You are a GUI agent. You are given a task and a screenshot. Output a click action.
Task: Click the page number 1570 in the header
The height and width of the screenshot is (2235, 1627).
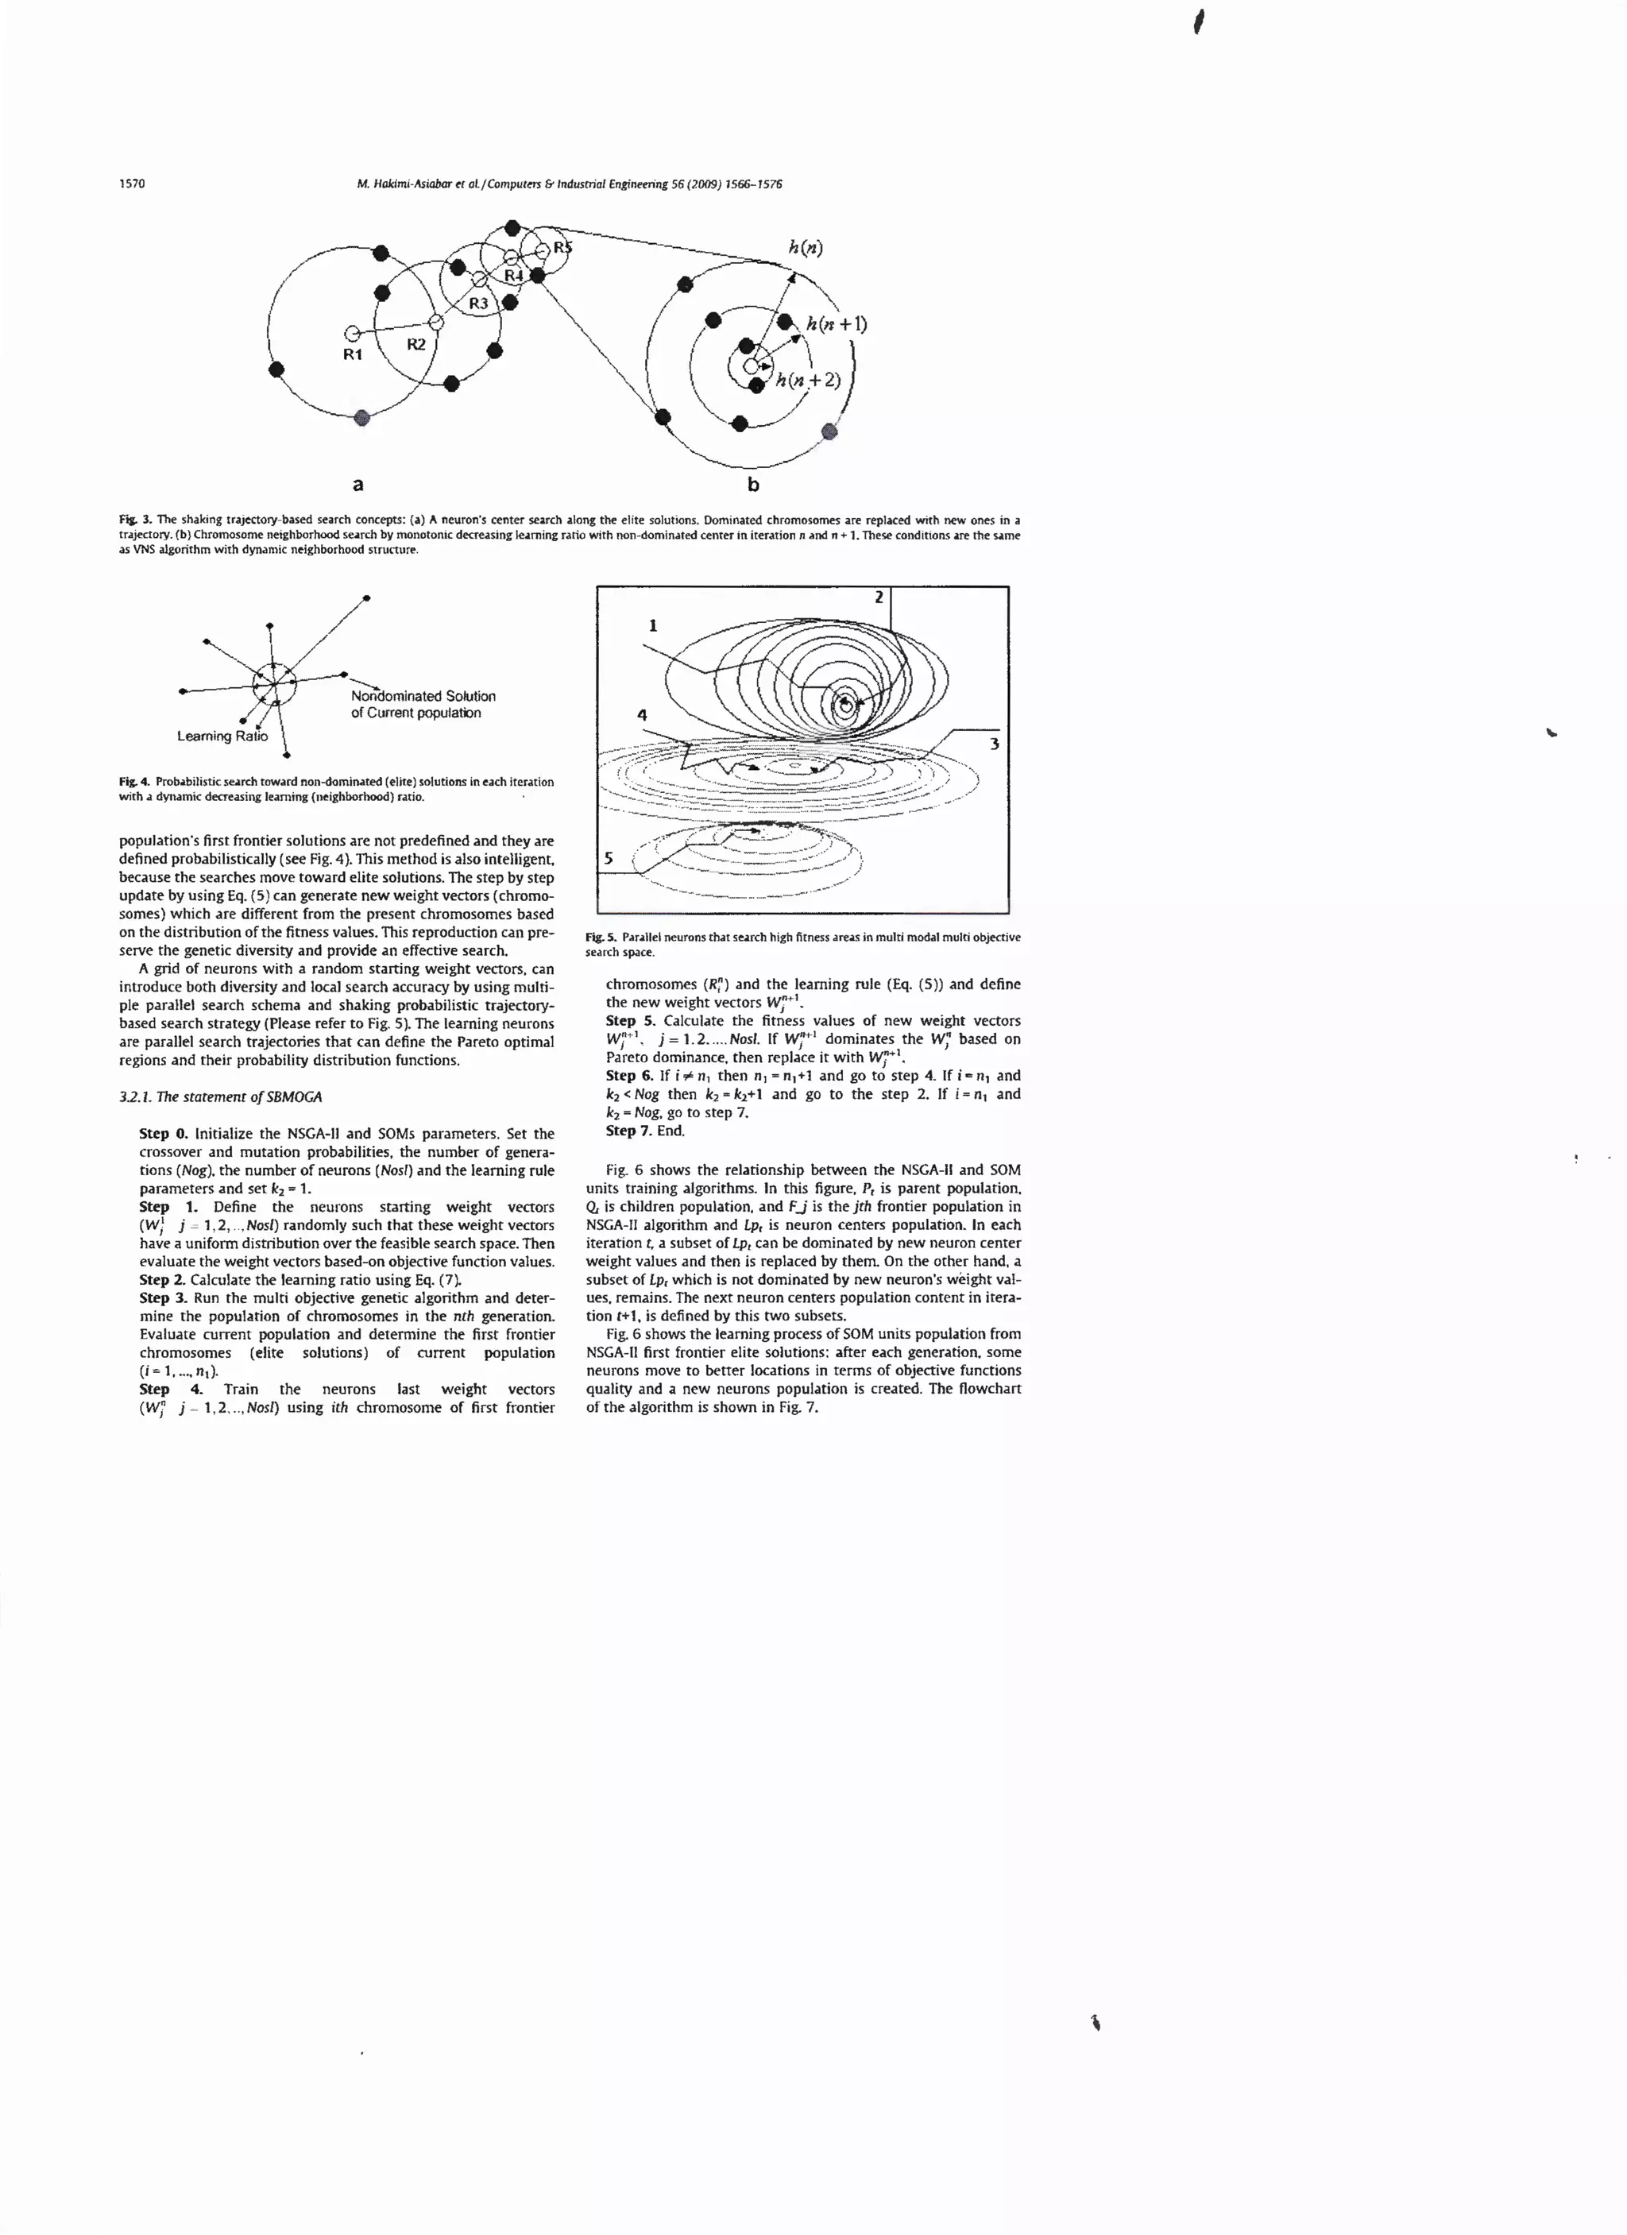[x=132, y=184]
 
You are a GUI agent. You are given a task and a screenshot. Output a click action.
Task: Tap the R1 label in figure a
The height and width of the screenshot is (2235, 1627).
[x=353, y=354]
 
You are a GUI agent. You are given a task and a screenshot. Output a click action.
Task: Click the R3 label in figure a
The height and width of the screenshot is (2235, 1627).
[x=478, y=304]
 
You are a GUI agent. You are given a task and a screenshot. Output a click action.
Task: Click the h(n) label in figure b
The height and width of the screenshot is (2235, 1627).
[x=805, y=247]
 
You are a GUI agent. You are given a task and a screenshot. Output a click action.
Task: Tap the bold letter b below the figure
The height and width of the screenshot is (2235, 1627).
[x=753, y=484]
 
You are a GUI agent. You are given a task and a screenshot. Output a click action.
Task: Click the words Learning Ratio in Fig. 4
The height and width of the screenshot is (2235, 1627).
[x=222, y=737]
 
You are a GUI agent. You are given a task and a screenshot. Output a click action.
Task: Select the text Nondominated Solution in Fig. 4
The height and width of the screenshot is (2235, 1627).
[x=423, y=696]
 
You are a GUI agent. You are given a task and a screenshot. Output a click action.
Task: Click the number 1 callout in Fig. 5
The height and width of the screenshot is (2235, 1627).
[x=652, y=624]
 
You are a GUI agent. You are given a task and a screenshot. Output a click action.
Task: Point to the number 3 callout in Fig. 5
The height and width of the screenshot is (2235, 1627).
[x=995, y=743]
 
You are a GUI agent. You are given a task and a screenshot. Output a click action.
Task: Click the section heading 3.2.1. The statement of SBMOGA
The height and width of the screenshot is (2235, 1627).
[x=221, y=1096]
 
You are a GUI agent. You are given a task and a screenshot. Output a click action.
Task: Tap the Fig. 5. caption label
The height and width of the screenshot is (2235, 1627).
[x=600, y=938]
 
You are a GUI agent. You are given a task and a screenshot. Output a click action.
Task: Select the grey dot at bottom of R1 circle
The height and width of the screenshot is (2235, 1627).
[x=361, y=418]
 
